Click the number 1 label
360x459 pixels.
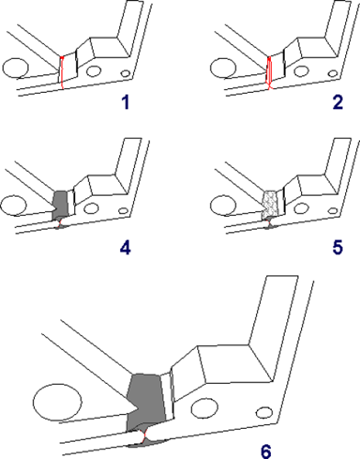(x=125, y=103)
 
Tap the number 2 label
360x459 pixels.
(x=338, y=103)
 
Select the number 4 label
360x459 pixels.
(x=125, y=248)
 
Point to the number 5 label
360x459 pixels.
(x=338, y=248)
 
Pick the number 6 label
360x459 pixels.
(x=266, y=451)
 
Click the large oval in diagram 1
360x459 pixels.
(x=15, y=68)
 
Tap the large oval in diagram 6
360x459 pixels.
(x=57, y=402)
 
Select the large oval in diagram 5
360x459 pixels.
(x=223, y=206)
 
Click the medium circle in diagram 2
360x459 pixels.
(x=301, y=71)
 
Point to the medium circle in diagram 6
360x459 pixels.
(x=204, y=407)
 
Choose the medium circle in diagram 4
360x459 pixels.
(x=91, y=208)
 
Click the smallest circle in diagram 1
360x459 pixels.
(x=125, y=73)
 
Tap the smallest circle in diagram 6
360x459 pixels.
(x=264, y=413)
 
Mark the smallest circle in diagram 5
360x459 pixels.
(x=333, y=211)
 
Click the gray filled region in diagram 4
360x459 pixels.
(x=60, y=205)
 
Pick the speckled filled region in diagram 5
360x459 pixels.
(x=269, y=204)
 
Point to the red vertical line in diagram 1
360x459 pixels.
(x=62, y=73)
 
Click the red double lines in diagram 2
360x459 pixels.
(x=269, y=73)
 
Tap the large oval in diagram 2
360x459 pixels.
(x=223, y=68)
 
